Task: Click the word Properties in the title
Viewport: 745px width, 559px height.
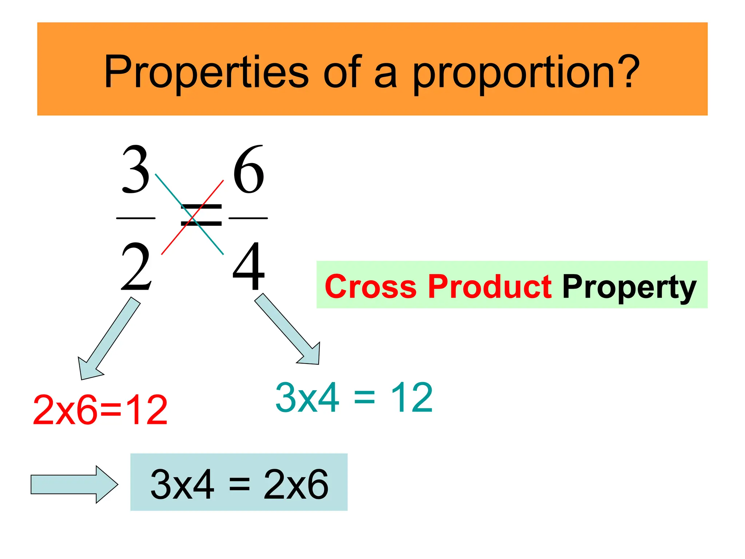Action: click(x=206, y=72)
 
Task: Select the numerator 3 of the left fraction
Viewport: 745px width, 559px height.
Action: click(x=136, y=170)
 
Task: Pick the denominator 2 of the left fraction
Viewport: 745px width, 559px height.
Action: click(x=136, y=267)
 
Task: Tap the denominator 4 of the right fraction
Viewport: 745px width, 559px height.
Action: click(x=248, y=266)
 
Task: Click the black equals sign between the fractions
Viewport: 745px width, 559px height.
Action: click(x=201, y=215)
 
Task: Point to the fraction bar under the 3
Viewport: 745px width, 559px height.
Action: click(x=136, y=218)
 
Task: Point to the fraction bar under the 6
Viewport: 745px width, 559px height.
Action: click(x=248, y=218)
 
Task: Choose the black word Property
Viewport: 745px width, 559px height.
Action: click(x=629, y=288)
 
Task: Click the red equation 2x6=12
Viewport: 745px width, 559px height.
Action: click(x=100, y=410)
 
